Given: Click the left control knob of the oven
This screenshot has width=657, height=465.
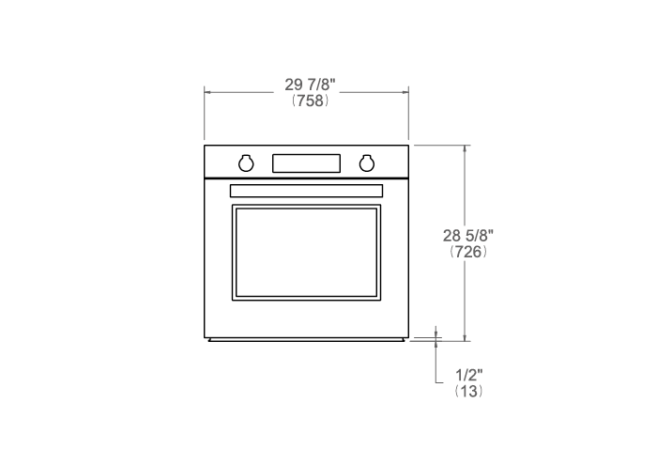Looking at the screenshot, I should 246,163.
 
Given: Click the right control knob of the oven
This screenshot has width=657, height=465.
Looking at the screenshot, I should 367,163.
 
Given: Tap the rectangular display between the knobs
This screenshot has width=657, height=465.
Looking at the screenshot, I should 306,163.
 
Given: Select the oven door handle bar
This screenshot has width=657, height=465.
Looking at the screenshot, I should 306,191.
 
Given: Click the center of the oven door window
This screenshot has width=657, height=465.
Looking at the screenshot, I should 306,253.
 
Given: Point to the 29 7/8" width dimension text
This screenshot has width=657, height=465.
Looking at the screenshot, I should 310,85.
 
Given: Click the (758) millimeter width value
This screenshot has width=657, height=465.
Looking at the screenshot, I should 310,101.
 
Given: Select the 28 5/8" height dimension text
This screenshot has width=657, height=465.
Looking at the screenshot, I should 468,236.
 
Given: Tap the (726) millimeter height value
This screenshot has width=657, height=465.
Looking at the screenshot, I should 468,252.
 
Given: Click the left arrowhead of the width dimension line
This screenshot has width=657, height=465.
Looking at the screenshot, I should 208,91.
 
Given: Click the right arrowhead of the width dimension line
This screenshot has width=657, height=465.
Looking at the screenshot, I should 405,91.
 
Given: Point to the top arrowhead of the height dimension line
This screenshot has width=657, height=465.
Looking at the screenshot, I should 465,149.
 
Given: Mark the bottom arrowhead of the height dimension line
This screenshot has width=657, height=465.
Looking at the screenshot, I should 465,335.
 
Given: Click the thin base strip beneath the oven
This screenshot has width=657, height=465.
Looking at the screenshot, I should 306,340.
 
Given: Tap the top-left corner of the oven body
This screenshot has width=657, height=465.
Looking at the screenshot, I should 205,146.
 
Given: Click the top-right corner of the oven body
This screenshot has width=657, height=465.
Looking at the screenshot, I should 408,146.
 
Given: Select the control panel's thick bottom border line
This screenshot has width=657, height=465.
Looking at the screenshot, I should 306,178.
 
